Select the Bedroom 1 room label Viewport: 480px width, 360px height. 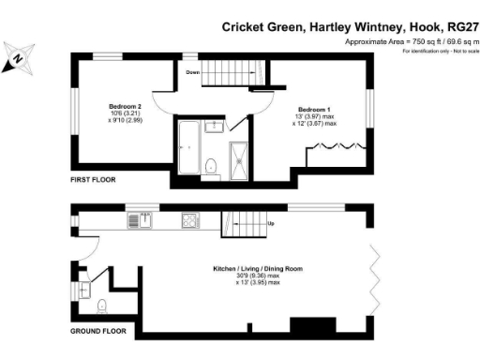point(311,109)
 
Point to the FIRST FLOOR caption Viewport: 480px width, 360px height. point(94,178)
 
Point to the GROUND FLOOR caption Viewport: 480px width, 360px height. point(97,331)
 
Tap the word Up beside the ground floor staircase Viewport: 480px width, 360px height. point(271,224)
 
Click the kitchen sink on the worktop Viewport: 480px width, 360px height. point(142,221)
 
